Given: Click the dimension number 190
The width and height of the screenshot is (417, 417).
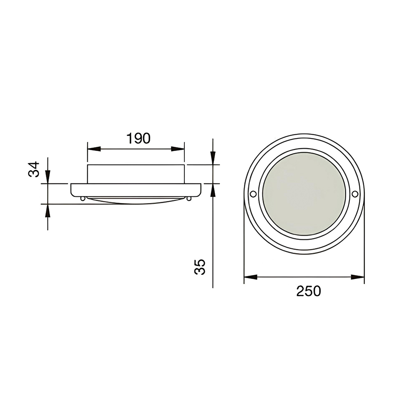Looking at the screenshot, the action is point(138,138).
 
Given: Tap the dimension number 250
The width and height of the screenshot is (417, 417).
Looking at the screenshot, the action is point(309,291).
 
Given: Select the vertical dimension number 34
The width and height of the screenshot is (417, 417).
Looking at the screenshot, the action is point(34,169).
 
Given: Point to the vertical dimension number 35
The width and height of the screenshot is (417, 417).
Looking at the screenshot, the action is point(200,267).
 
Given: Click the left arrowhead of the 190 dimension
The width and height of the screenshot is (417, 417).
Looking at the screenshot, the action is point(94,149).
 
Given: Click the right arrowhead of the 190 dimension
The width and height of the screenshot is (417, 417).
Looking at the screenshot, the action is point(178,149).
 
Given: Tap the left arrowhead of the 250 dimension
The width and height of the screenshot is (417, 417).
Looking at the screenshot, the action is point(251,277).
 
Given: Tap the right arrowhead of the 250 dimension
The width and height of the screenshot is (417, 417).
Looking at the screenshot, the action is point(358,277).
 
